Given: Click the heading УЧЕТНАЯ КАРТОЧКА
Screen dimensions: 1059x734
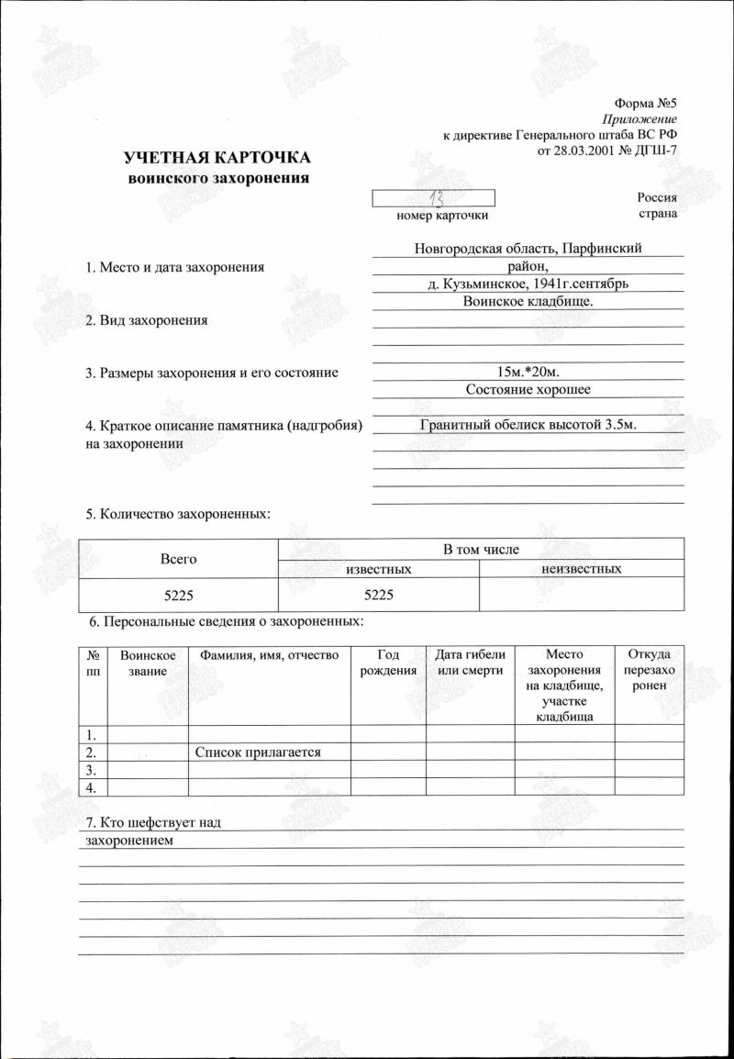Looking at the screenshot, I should [x=217, y=157].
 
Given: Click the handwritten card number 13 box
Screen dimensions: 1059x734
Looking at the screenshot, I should [x=434, y=197].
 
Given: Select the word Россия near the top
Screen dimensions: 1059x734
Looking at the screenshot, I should [x=657, y=196].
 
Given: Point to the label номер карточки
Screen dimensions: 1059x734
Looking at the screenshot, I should [x=442, y=216].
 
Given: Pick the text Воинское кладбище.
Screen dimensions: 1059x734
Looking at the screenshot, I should [x=528, y=301].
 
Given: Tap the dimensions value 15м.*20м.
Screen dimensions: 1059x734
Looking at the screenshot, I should [x=528, y=372].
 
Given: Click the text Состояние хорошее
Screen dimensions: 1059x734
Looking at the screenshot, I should [x=528, y=389].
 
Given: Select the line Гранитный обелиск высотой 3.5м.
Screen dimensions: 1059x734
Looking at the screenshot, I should [x=528, y=424].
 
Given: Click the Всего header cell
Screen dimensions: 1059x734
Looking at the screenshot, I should [x=178, y=558].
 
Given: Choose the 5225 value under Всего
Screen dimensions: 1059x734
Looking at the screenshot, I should [x=178, y=595].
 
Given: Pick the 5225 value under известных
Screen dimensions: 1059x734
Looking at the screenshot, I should [x=378, y=595].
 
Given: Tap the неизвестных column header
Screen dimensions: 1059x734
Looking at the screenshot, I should [x=582, y=569].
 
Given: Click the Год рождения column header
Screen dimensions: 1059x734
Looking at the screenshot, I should [x=388, y=663].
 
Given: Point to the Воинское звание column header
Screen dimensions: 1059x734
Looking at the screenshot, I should [x=148, y=663].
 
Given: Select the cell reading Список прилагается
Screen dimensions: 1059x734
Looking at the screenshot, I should [x=258, y=752].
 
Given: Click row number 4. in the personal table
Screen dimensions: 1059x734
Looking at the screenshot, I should [x=91, y=787].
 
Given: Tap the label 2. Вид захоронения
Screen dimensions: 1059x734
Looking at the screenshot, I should [x=146, y=320].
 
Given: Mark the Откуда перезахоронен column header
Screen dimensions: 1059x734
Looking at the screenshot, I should [x=649, y=671].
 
